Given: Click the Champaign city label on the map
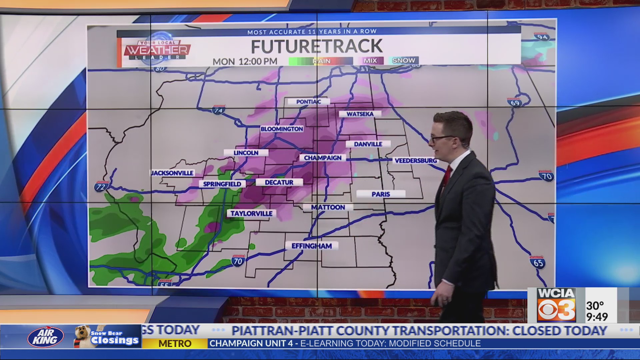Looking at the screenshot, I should coord(323,158).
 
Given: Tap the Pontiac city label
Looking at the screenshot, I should coord(308,102).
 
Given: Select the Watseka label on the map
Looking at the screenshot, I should coord(360,114).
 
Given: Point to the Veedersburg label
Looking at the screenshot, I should coord(415,161).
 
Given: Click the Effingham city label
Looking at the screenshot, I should coord(312,246).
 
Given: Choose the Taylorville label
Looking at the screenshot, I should coord(251,213).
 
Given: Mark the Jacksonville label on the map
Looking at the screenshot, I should coord(172,173).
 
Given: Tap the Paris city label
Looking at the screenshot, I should coord(381,194).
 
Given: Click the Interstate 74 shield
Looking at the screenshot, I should coord(218,110).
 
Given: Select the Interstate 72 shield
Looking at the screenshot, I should coord(100,186).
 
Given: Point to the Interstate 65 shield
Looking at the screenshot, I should coord(537,262).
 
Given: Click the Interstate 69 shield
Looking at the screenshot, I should coord(515,102).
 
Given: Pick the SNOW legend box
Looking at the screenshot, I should coord(403,60).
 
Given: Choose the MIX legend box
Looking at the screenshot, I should coord(370,61).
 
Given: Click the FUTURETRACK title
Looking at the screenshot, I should coord(316,46).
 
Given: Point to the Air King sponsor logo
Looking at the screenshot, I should coord(45,337).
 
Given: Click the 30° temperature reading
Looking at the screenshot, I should coord(595,305).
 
